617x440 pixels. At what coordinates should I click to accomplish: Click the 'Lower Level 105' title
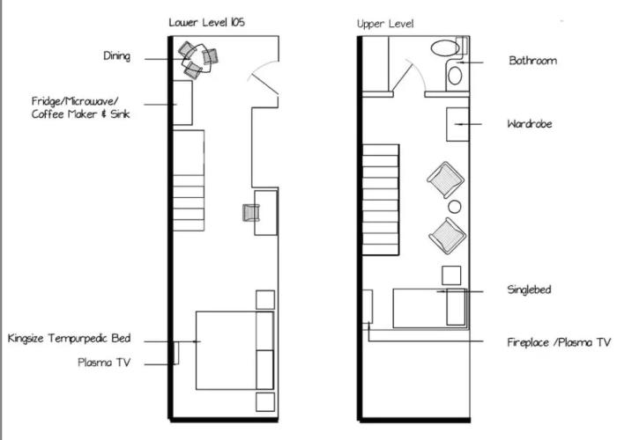(x=206, y=22)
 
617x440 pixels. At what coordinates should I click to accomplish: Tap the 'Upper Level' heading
(x=385, y=24)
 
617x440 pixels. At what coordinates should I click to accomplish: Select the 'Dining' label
(x=117, y=56)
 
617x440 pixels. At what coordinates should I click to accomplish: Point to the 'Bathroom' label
(x=532, y=61)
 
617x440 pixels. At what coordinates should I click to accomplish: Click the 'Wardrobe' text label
(x=530, y=124)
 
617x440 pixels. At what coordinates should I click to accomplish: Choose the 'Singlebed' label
(x=529, y=290)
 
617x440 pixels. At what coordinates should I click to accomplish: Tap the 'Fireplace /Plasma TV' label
(x=559, y=342)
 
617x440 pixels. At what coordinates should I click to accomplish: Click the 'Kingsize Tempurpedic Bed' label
(x=70, y=339)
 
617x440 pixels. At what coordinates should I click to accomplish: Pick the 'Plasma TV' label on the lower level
(x=104, y=363)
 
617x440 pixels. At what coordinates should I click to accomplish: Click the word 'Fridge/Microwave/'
(x=75, y=101)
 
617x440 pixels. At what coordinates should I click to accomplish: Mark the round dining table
(x=198, y=59)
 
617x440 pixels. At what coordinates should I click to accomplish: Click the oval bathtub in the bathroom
(x=445, y=48)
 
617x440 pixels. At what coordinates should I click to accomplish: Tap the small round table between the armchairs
(x=455, y=207)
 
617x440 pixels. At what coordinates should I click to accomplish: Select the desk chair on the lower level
(x=250, y=213)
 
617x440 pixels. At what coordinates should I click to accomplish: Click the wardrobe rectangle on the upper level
(x=457, y=125)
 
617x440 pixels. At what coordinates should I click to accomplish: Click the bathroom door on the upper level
(x=402, y=78)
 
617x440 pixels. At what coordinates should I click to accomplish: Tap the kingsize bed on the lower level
(x=234, y=350)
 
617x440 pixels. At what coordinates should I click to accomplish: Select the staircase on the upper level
(x=381, y=200)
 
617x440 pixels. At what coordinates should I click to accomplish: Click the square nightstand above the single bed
(x=451, y=275)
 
